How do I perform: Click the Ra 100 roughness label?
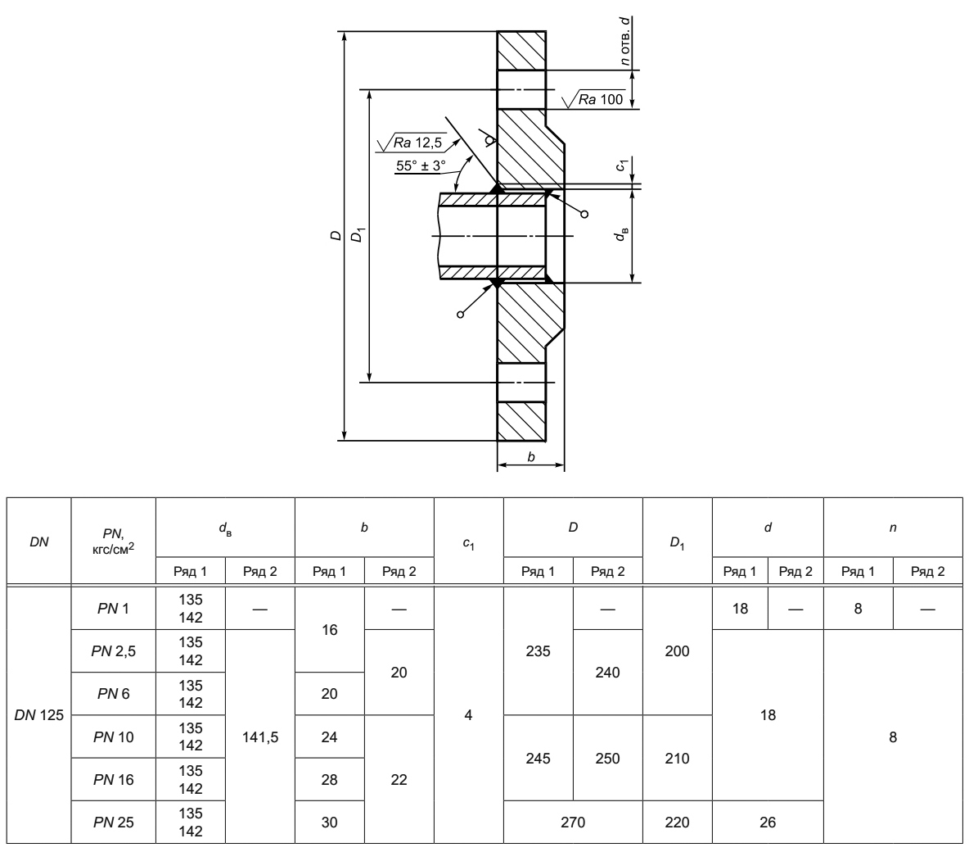(601, 100)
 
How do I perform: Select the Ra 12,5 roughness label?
(417, 143)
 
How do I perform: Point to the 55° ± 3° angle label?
(421, 165)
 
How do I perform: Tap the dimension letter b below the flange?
(531, 457)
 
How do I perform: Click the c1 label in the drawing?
(623, 165)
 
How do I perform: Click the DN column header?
(39, 542)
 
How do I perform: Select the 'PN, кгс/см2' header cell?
(113, 541)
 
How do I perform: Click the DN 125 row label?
(39, 715)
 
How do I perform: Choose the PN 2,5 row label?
(113, 651)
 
